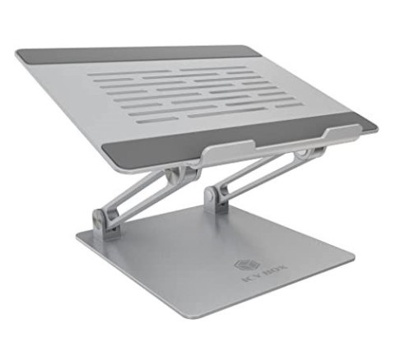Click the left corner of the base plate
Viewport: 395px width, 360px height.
[78, 240]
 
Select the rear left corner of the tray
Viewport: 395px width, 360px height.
[19, 54]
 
